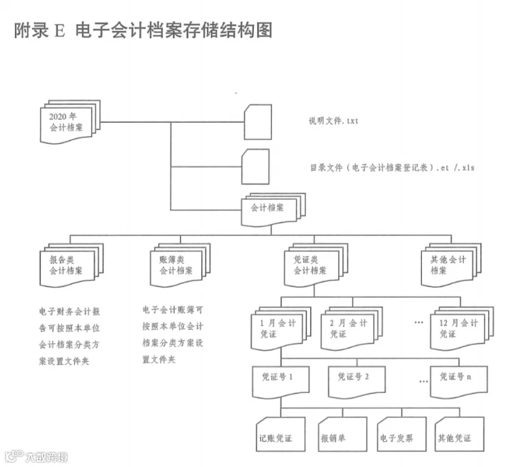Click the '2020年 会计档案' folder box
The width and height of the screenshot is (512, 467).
[x=70, y=122]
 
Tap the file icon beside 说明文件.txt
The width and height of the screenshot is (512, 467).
[x=258, y=122]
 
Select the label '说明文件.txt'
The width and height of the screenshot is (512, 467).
[x=334, y=121]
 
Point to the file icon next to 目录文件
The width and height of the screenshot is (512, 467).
[x=255, y=167]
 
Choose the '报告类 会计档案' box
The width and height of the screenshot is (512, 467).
[x=71, y=266]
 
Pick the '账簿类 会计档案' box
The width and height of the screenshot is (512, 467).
[x=180, y=266]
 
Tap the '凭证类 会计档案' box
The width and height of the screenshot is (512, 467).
[x=316, y=266]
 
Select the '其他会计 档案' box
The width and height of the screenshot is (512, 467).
[x=451, y=266]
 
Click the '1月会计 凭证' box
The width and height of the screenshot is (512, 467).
[x=281, y=329]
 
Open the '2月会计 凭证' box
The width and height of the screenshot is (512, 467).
[x=352, y=329]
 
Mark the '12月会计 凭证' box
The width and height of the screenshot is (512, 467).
[x=462, y=329]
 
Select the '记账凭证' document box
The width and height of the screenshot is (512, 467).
[x=281, y=435]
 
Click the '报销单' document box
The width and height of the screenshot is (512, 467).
[x=343, y=435]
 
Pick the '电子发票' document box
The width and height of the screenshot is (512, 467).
[x=402, y=435]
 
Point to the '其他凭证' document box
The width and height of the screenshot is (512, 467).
[x=459, y=435]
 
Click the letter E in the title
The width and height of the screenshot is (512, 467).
[x=60, y=31]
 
